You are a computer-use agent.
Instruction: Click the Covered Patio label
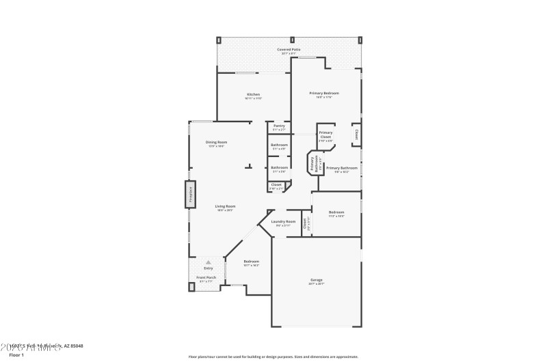(x=289, y=50)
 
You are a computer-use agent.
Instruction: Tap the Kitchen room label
(x=253, y=94)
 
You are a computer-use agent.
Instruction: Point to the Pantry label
(x=279, y=126)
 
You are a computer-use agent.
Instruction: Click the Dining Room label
(x=216, y=142)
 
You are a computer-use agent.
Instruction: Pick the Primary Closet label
(x=325, y=135)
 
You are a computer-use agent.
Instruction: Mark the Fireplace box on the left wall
(x=191, y=195)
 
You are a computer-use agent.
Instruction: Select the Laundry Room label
(x=283, y=221)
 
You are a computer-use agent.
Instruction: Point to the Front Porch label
(x=206, y=277)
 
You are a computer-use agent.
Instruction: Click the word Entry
(x=209, y=268)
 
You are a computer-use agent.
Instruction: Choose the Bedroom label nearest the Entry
(x=252, y=261)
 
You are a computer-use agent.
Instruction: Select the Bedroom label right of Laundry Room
(x=336, y=212)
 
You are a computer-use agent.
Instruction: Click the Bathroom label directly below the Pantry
(x=279, y=145)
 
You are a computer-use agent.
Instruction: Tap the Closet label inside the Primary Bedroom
(x=356, y=135)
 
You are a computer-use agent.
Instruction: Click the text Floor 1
(x=16, y=355)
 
